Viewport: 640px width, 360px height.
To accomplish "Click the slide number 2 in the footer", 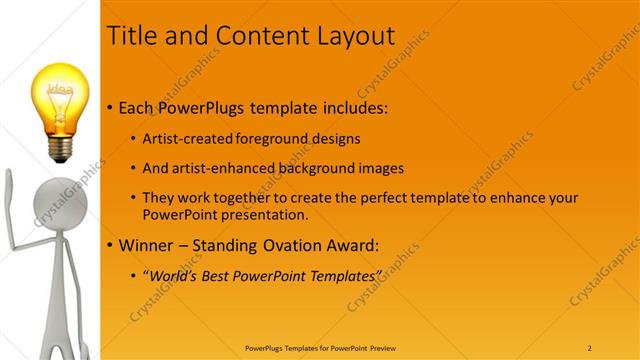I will click(x=590, y=347).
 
